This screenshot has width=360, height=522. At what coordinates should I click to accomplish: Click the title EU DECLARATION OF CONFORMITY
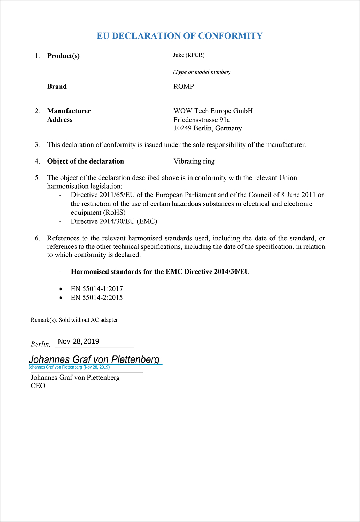(180, 36)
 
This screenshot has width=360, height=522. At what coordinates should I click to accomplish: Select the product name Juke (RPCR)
(189, 55)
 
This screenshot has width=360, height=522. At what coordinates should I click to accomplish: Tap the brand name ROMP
(183, 86)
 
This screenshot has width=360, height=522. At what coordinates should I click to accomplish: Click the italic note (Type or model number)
(202, 72)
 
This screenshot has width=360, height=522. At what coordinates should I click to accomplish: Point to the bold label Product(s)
(63, 56)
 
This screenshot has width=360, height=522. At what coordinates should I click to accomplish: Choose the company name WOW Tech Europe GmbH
(213, 111)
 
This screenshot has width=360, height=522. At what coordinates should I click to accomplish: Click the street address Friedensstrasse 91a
(202, 120)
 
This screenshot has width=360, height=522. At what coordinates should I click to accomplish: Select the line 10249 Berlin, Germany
(208, 128)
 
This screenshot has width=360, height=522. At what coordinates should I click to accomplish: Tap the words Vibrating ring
(194, 161)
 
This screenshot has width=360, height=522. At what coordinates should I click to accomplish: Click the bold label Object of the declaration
(86, 161)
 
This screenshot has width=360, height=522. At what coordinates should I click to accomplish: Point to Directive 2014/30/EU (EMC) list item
(114, 221)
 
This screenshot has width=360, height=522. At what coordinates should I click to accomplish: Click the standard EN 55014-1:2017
(97, 289)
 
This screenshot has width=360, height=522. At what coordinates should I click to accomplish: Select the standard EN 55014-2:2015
(97, 298)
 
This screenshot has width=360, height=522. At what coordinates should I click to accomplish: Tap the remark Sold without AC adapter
(88, 320)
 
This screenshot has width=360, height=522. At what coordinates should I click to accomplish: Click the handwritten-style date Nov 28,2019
(79, 341)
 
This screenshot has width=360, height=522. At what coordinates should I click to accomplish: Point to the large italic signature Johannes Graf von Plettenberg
(94, 359)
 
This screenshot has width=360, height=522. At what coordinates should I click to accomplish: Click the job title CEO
(38, 386)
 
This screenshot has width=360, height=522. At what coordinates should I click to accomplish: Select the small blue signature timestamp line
(69, 367)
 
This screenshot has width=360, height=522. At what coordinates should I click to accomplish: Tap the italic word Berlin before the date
(40, 344)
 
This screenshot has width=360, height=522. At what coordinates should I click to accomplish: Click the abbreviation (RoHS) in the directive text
(114, 213)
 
